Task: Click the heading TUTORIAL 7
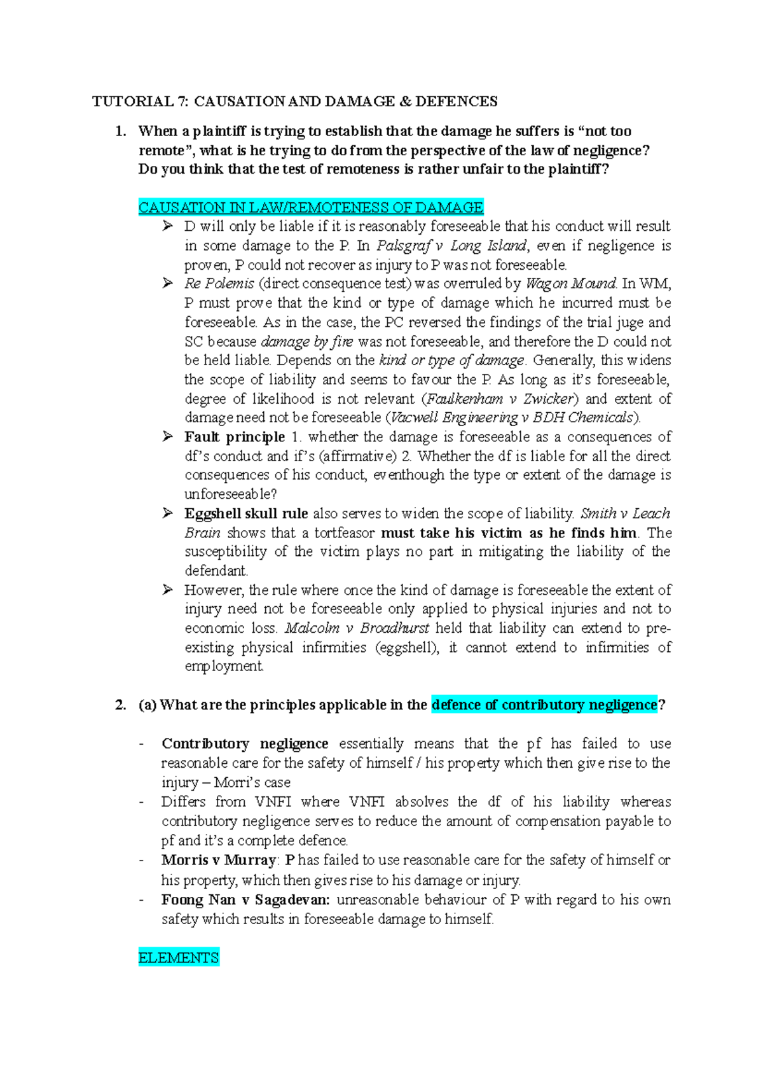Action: [x=141, y=101]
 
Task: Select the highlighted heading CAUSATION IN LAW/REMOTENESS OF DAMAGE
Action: [x=311, y=207]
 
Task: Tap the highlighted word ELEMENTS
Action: [x=179, y=957]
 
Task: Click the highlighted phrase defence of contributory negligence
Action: [x=544, y=705]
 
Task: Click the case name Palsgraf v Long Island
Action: [x=451, y=246]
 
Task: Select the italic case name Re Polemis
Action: [x=219, y=284]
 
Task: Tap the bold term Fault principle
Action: [x=235, y=437]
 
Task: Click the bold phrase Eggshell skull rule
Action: [x=246, y=513]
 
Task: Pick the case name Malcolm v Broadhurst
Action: [x=357, y=628]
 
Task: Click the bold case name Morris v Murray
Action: [x=219, y=860]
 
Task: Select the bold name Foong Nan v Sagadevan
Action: [x=245, y=899]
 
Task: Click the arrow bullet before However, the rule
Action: [x=168, y=590]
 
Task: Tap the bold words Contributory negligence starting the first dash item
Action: [x=245, y=744]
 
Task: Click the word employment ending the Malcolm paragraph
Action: [x=223, y=667]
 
